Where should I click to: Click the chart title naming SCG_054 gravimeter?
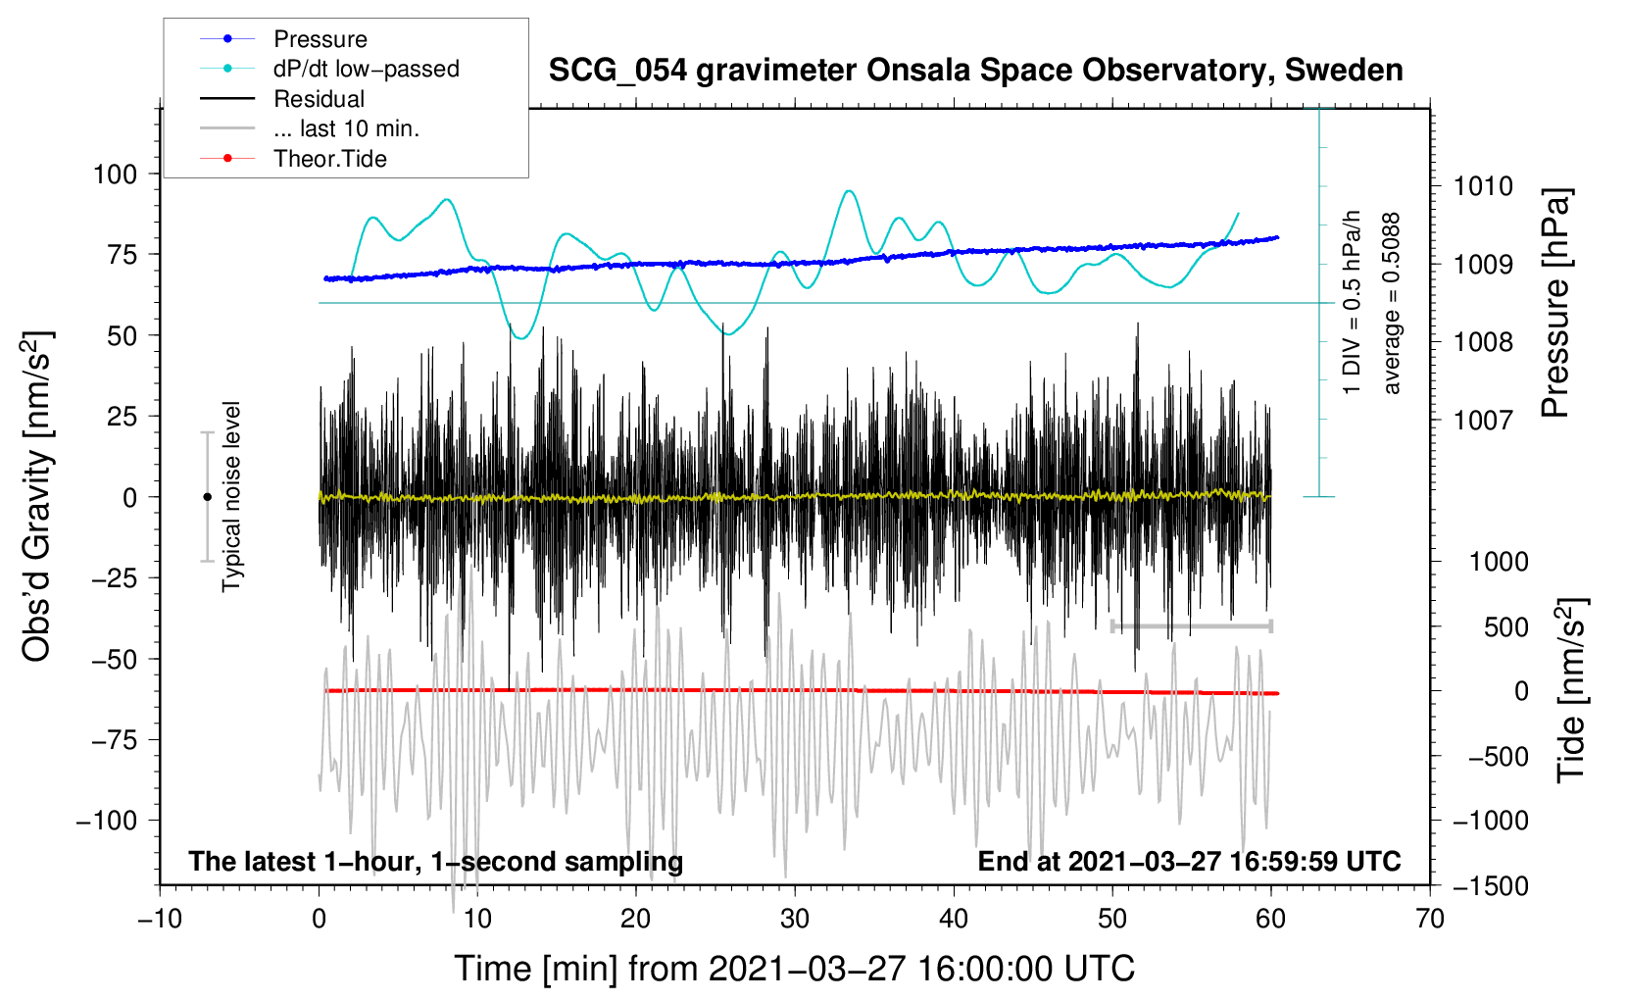click(975, 71)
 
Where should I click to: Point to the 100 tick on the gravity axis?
click(115, 175)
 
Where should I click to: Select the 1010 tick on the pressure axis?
click(1483, 186)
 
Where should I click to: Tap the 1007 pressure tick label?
click(1483, 421)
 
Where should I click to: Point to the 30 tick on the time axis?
click(795, 920)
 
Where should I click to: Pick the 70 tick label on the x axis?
click(1430, 920)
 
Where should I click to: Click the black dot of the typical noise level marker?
click(207, 497)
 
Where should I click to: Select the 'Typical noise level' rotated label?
click(231, 496)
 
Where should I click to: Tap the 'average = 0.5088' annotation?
click(1392, 303)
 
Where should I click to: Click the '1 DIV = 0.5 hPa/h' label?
click(1353, 303)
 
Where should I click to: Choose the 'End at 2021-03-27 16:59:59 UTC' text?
click(1189, 862)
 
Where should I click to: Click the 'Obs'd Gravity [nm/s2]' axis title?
click(36, 497)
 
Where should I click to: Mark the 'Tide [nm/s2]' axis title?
click(1571, 691)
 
